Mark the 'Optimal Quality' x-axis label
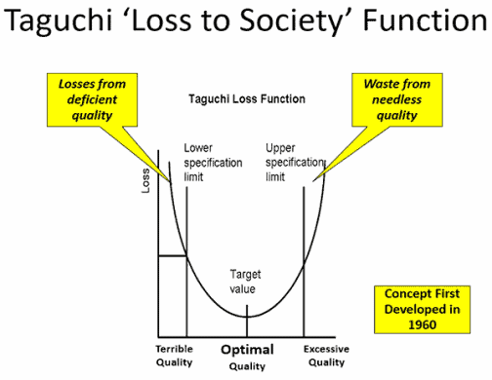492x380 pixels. [x=246, y=357]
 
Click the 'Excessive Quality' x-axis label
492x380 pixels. [x=326, y=356]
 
